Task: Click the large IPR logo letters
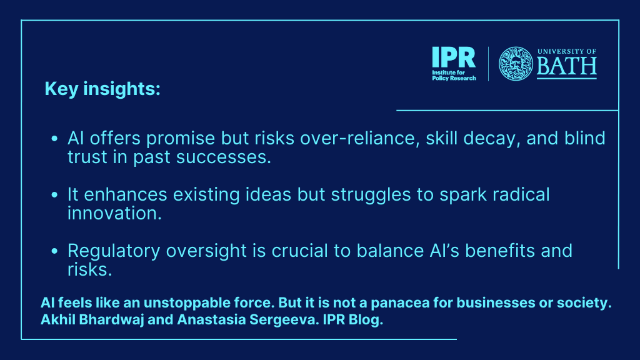[454, 57]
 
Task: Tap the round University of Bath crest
[516, 63]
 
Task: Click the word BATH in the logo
[566, 66]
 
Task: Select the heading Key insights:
[102, 89]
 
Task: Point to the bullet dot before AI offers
[54, 139]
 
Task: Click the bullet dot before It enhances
[54, 195]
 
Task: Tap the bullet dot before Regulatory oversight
[54, 251]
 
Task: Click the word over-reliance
[360, 138]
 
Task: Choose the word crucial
[299, 251]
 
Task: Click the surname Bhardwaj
[111, 320]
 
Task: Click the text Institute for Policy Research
[454, 76]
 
